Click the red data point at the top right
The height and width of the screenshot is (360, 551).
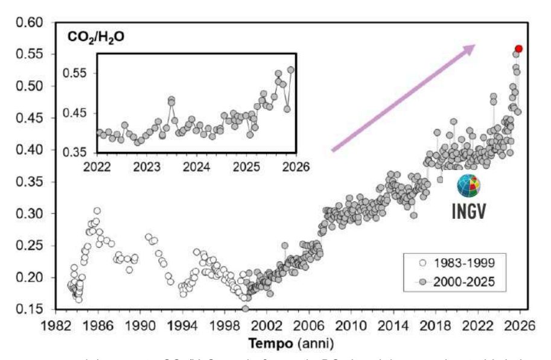(518, 48)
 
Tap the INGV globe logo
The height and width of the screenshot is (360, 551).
(468, 186)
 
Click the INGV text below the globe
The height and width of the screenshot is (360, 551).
(468, 212)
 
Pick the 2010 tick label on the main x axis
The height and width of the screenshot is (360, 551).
(351, 324)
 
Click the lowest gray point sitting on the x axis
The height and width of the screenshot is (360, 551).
(246, 309)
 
